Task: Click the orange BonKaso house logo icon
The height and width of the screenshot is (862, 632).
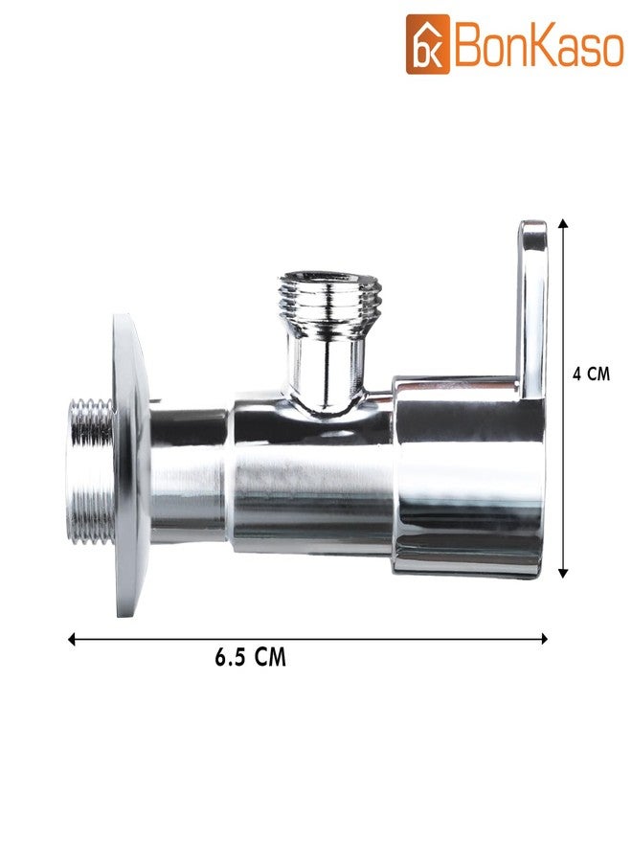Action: tap(428, 44)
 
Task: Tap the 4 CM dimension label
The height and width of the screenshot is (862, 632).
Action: tap(592, 374)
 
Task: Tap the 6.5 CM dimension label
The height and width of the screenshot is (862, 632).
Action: tap(251, 657)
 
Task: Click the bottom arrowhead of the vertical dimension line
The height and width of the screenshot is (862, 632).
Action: tap(562, 573)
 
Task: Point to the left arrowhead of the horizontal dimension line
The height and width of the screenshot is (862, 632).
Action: tap(72, 639)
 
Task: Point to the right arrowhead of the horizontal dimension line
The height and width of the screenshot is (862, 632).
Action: tap(544, 638)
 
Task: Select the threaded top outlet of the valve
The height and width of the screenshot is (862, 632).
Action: tap(329, 300)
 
